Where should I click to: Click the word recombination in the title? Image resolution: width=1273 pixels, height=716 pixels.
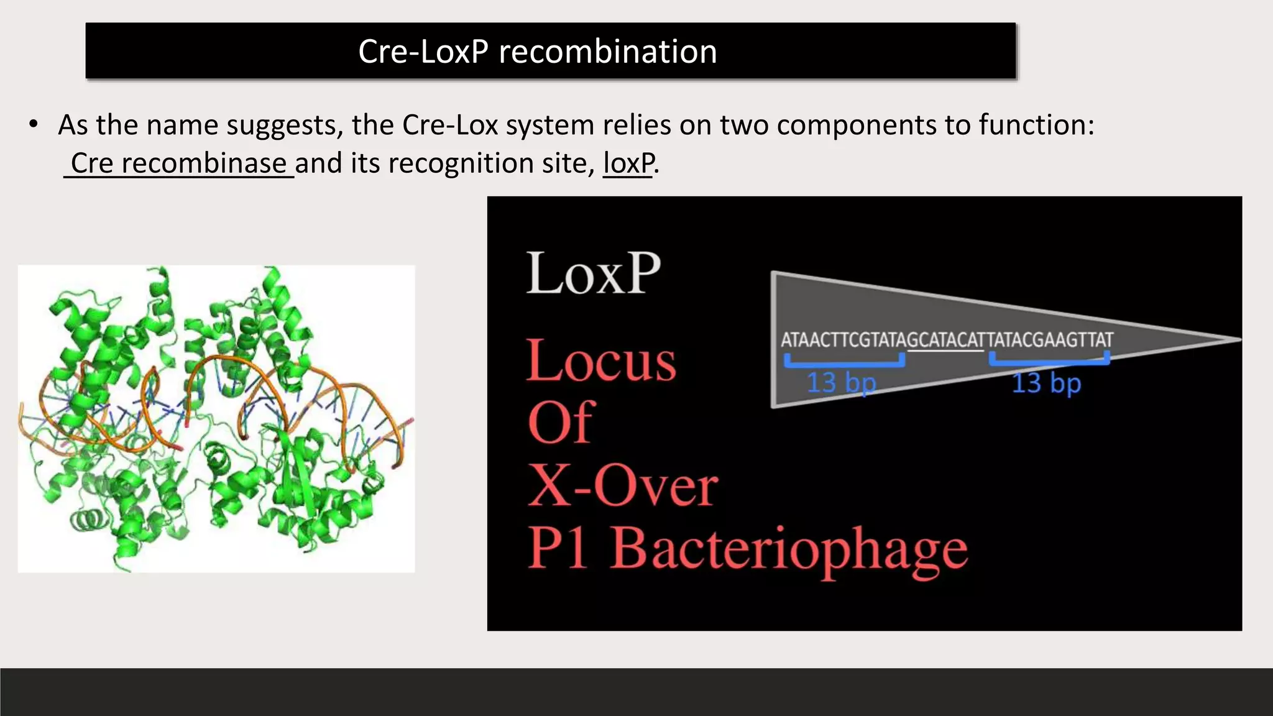point(607,52)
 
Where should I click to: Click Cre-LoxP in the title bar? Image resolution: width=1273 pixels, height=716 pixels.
point(423,52)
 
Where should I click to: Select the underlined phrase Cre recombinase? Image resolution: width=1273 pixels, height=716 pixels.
point(178,163)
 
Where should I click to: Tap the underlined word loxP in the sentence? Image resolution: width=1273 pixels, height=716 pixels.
point(628,163)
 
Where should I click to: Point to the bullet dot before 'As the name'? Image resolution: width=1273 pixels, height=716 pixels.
point(34,124)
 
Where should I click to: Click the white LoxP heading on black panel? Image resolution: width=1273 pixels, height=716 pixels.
point(593,273)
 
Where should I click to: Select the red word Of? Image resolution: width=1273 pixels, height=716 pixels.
point(561,423)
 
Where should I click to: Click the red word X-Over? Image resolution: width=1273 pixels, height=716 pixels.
point(623,486)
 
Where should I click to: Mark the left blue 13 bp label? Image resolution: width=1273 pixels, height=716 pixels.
point(841,383)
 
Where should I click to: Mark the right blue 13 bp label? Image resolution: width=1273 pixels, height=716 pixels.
point(1047,383)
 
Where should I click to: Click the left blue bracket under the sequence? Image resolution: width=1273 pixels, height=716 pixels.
point(844,362)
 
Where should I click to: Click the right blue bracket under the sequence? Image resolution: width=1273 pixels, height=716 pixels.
point(1049,360)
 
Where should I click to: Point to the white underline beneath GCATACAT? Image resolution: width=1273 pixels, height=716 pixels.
point(945,351)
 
